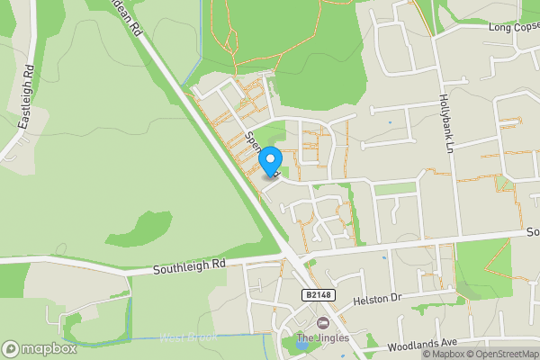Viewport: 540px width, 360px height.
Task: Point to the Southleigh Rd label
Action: pyautogui.click(x=189, y=267)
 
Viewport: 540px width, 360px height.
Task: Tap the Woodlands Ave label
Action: pyautogui.click(x=423, y=345)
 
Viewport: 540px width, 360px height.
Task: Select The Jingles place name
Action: pyautogui.click(x=323, y=338)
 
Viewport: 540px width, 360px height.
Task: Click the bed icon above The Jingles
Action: pyautogui.click(x=323, y=323)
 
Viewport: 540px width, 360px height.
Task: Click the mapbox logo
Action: pyautogui.click(x=37, y=348)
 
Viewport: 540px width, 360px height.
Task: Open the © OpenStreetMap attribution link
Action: pyautogui.click(x=501, y=354)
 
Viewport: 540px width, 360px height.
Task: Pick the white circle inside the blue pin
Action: pyautogui.click(x=270, y=159)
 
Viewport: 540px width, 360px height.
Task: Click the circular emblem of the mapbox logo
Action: pyautogui.click(x=12, y=348)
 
